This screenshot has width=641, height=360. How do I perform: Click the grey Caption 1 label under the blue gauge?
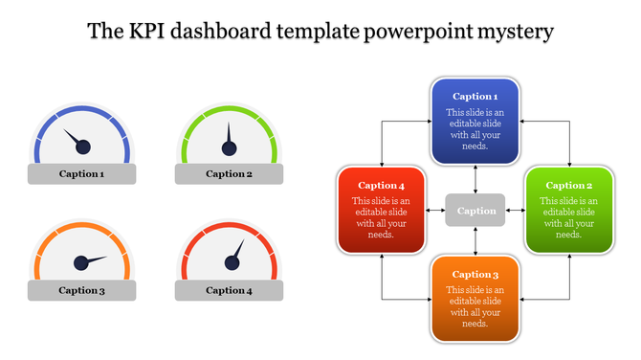[81, 174]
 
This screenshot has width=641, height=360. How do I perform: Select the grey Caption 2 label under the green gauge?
[229, 174]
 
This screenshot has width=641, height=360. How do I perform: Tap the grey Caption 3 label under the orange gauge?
[81, 290]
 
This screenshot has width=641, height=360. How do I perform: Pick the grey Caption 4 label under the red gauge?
[229, 290]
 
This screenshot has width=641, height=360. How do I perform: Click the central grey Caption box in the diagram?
[475, 211]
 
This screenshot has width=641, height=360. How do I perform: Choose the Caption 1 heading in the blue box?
[475, 97]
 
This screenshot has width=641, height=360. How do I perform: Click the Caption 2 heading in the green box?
[568, 185]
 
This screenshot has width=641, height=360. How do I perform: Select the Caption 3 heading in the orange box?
[475, 274]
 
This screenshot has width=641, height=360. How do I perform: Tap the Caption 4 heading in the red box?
[382, 185]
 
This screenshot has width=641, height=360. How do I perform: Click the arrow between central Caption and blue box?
[475, 178]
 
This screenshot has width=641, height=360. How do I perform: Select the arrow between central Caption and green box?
[515, 210]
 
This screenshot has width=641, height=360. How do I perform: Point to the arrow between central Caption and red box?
[436, 210]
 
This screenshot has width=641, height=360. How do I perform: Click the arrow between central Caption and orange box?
[475, 240]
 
